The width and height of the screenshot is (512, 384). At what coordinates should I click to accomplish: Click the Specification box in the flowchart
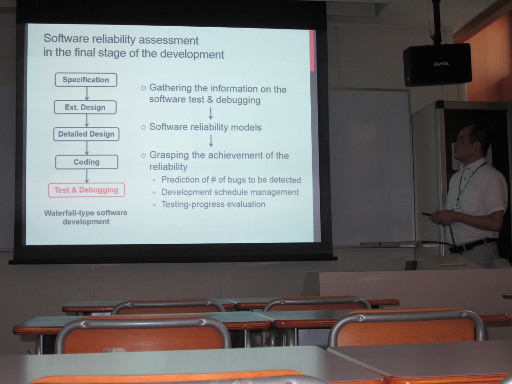(x=86, y=80)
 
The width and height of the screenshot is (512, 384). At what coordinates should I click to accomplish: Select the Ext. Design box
(x=85, y=107)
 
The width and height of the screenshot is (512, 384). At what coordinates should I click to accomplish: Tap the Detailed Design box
(x=86, y=134)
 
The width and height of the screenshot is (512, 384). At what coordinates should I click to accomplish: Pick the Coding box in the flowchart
(x=86, y=162)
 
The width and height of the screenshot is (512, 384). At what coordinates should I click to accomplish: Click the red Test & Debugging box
(x=86, y=190)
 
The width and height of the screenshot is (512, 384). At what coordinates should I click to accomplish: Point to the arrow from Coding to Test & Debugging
(x=87, y=176)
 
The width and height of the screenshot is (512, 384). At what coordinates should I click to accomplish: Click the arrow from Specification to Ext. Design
(x=87, y=94)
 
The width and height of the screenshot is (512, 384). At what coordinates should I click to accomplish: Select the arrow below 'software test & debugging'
(x=211, y=114)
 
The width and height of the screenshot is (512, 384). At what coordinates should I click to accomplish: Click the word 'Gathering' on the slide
(x=171, y=88)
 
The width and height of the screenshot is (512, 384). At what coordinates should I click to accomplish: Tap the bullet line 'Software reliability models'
(x=205, y=127)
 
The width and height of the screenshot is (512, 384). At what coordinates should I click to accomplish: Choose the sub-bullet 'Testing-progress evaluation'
(x=213, y=204)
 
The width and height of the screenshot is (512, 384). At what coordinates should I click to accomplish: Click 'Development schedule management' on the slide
(x=230, y=192)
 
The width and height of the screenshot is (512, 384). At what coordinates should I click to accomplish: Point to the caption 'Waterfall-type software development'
(x=86, y=217)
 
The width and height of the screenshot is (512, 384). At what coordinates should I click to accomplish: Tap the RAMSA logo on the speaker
(x=441, y=64)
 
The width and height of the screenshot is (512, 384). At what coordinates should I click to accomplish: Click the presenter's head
(x=471, y=142)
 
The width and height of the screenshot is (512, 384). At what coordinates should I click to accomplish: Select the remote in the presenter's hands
(x=427, y=214)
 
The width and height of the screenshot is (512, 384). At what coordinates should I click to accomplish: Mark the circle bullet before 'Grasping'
(x=143, y=155)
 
